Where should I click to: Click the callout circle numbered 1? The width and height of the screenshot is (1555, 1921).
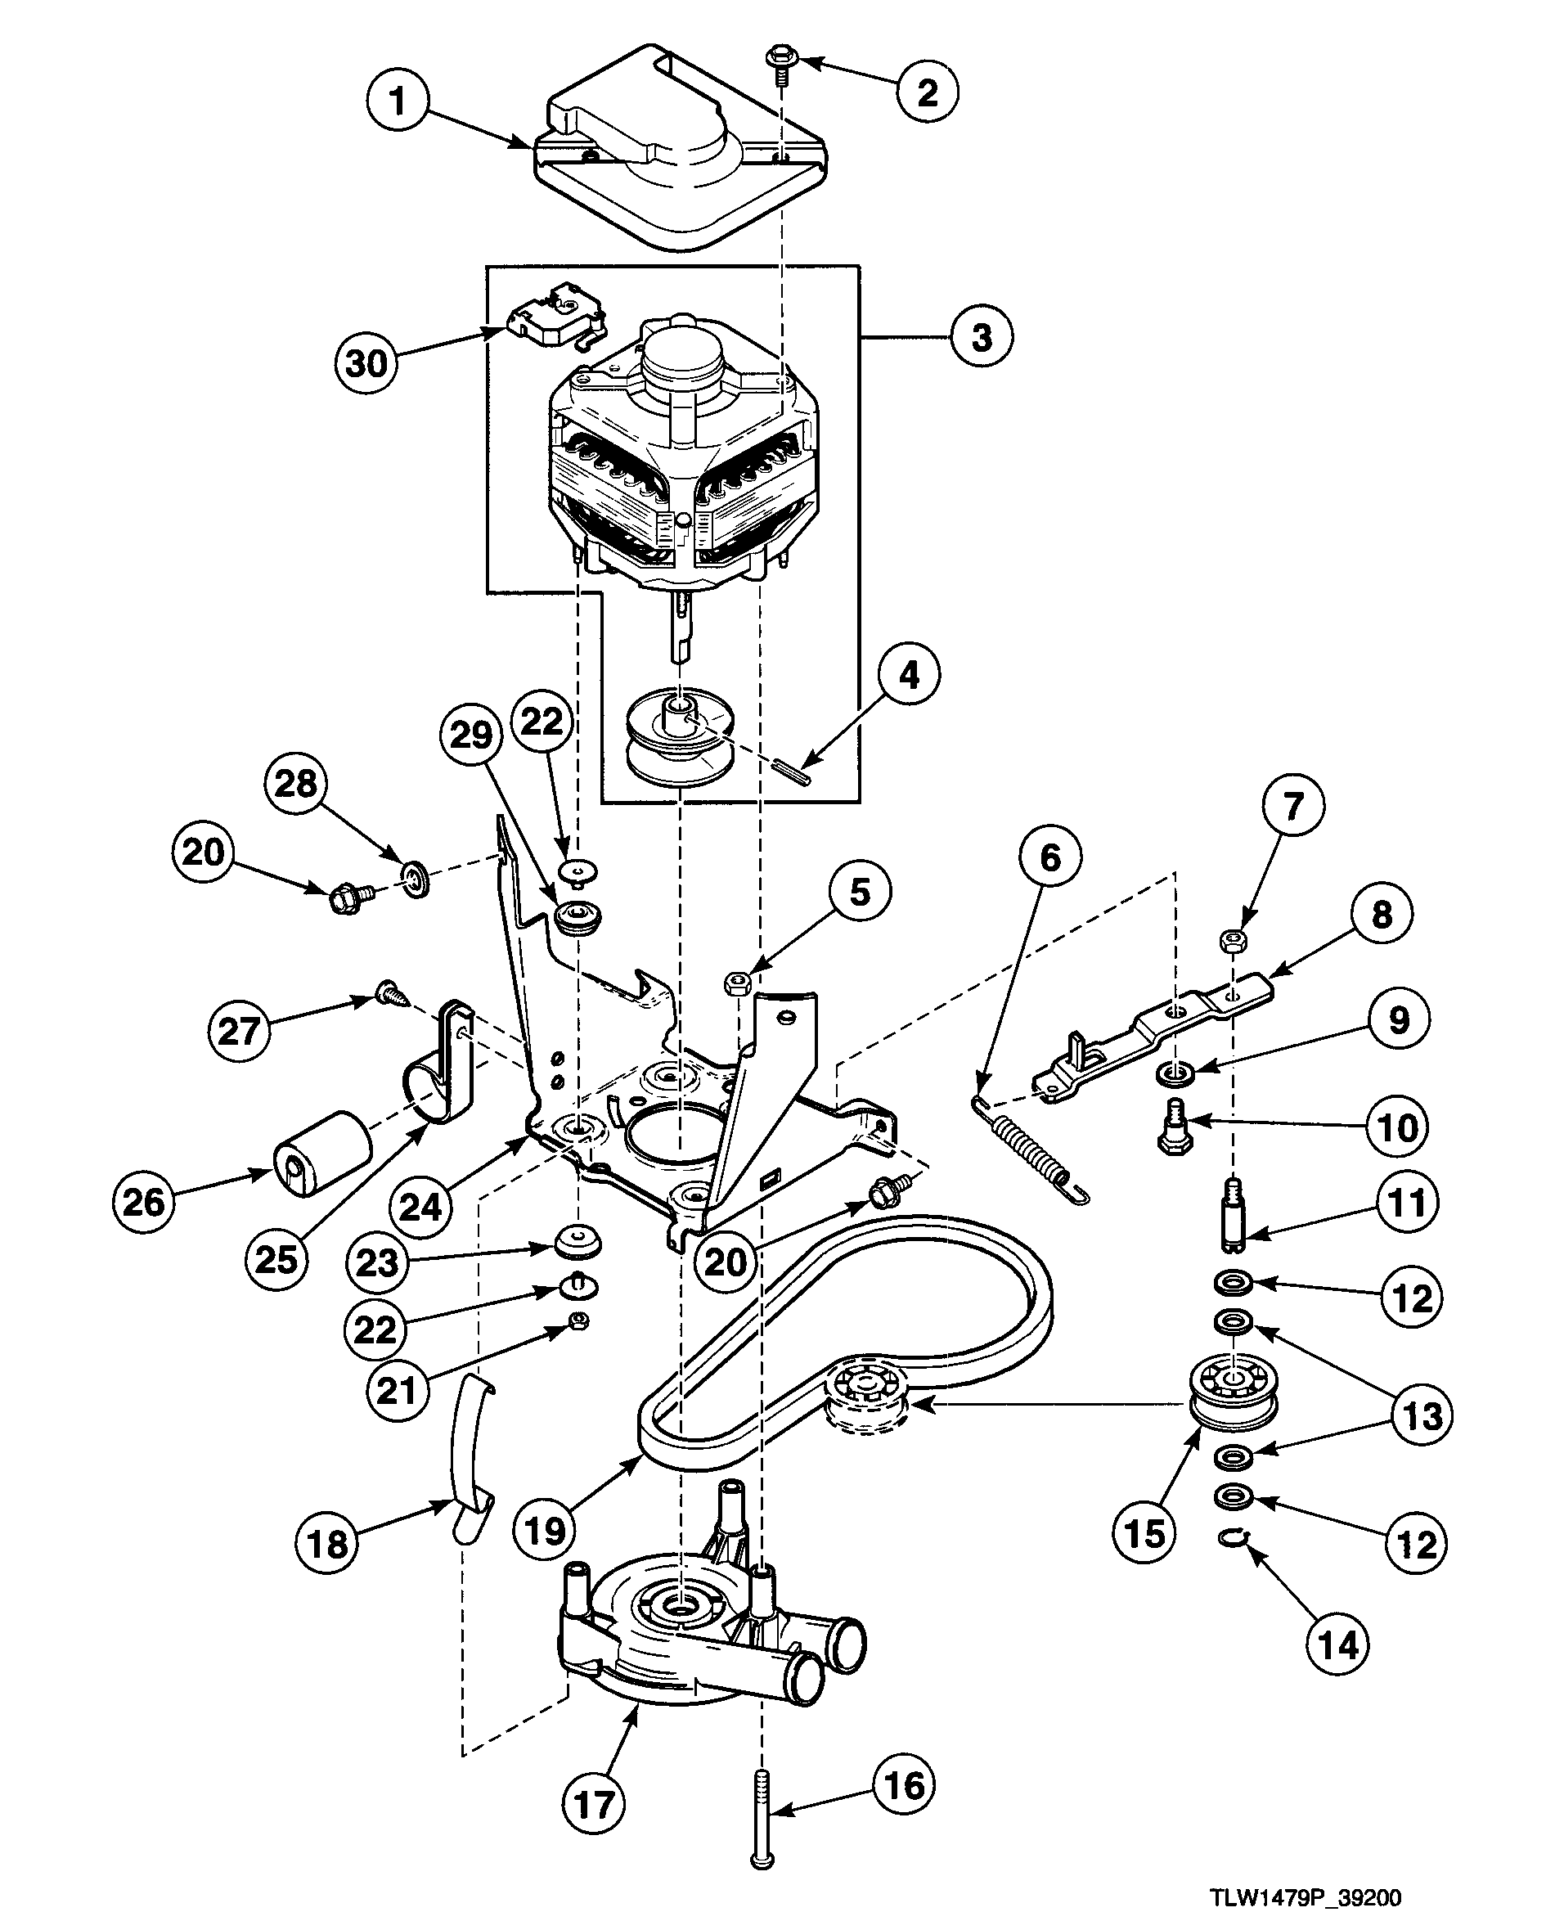pyautogui.click(x=398, y=101)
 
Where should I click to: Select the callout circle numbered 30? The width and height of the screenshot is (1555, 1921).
pyautogui.click(x=366, y=364)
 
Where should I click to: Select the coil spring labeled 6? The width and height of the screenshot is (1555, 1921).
pyautogui.click(x=1031, y=1148)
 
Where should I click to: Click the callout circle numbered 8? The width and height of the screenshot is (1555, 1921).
pyautogui.click(x=1382, y=915)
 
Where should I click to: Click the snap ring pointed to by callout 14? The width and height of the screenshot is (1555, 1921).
pyautogui.click(x=1235, y=1539)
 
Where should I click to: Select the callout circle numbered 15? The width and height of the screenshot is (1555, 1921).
pyautogui.click(x=1144, y=1533)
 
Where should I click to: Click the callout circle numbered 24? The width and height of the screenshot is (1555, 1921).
pyautogui.click(x=420, y=1207)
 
